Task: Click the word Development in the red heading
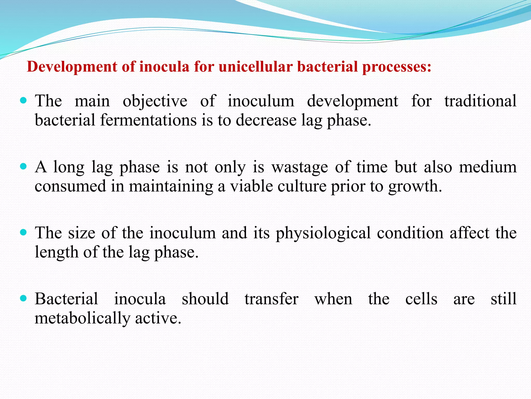(72, 67)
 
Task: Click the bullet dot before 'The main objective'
(23, 101)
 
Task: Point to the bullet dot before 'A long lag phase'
(23, 167)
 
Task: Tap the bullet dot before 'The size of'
(23, 232)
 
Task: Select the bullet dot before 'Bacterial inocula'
(23, 298)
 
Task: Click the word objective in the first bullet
(155, 101)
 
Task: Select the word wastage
(299, 167)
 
